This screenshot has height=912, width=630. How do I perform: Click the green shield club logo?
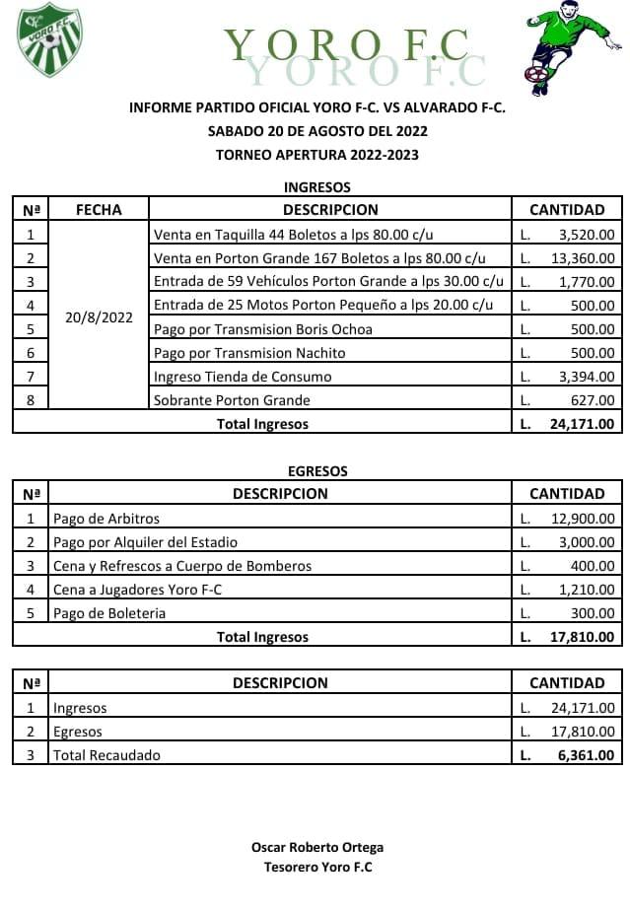(49, 39)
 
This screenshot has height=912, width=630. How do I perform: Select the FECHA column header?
(99, 210)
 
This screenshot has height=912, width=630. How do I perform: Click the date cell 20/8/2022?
(99, 317)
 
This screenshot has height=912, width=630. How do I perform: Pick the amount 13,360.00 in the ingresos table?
(582, 258)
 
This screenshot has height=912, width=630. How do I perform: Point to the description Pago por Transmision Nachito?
(249, 353)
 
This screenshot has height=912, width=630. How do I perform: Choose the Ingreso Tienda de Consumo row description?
(243, 377)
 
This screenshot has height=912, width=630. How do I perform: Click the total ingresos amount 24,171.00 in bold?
(582, 424)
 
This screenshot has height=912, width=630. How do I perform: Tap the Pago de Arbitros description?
(106, 519)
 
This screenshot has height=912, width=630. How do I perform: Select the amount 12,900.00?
(582, 519)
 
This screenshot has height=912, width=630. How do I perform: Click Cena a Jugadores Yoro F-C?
(138, 590)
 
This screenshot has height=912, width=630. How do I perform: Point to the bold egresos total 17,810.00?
(582, 637)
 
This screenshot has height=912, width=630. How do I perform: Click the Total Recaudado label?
(106, 755)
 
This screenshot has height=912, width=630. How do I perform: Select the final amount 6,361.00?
(586, 755)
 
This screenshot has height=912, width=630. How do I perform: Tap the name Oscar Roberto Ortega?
(317, 847)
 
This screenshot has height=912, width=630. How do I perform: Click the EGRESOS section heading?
(317, 471)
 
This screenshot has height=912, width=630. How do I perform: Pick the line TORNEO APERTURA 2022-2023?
(317, 154)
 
